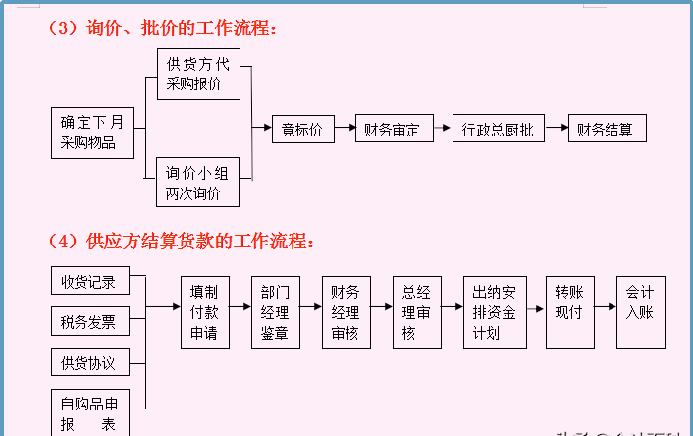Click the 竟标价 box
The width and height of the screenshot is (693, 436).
pos(302,129)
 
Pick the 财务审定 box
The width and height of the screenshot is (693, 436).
pos(392,129)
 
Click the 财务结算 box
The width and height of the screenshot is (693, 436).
pos(606,129)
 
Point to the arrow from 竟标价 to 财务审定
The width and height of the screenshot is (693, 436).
pos(345,129)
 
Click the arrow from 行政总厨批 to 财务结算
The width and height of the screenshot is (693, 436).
pos(556,129)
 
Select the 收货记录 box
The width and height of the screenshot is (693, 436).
pos(88,282)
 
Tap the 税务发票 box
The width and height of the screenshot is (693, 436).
pos(88,321)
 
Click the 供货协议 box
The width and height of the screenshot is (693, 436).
pos(88,363)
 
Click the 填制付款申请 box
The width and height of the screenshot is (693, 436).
pos(204,312)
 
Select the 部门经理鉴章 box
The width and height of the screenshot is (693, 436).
pos(275,312)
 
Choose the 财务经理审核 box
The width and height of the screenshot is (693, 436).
pos(346,312)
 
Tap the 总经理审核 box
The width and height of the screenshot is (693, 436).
pos(416,312)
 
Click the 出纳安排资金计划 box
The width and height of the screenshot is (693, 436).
pos(495,312)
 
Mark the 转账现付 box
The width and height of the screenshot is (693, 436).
pos(568,312)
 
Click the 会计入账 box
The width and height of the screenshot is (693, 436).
pos(640,312)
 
